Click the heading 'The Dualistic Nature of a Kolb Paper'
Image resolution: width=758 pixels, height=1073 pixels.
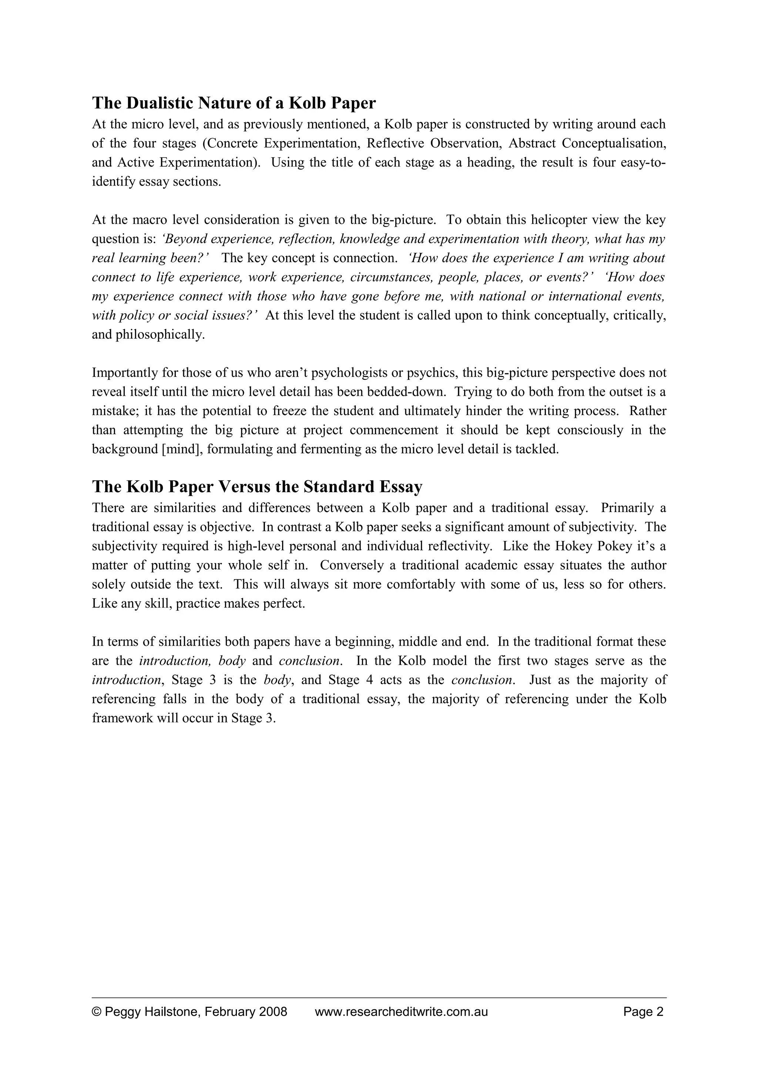[x=234, y=103]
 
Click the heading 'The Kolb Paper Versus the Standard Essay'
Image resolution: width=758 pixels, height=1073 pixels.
[x=257, y=487]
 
